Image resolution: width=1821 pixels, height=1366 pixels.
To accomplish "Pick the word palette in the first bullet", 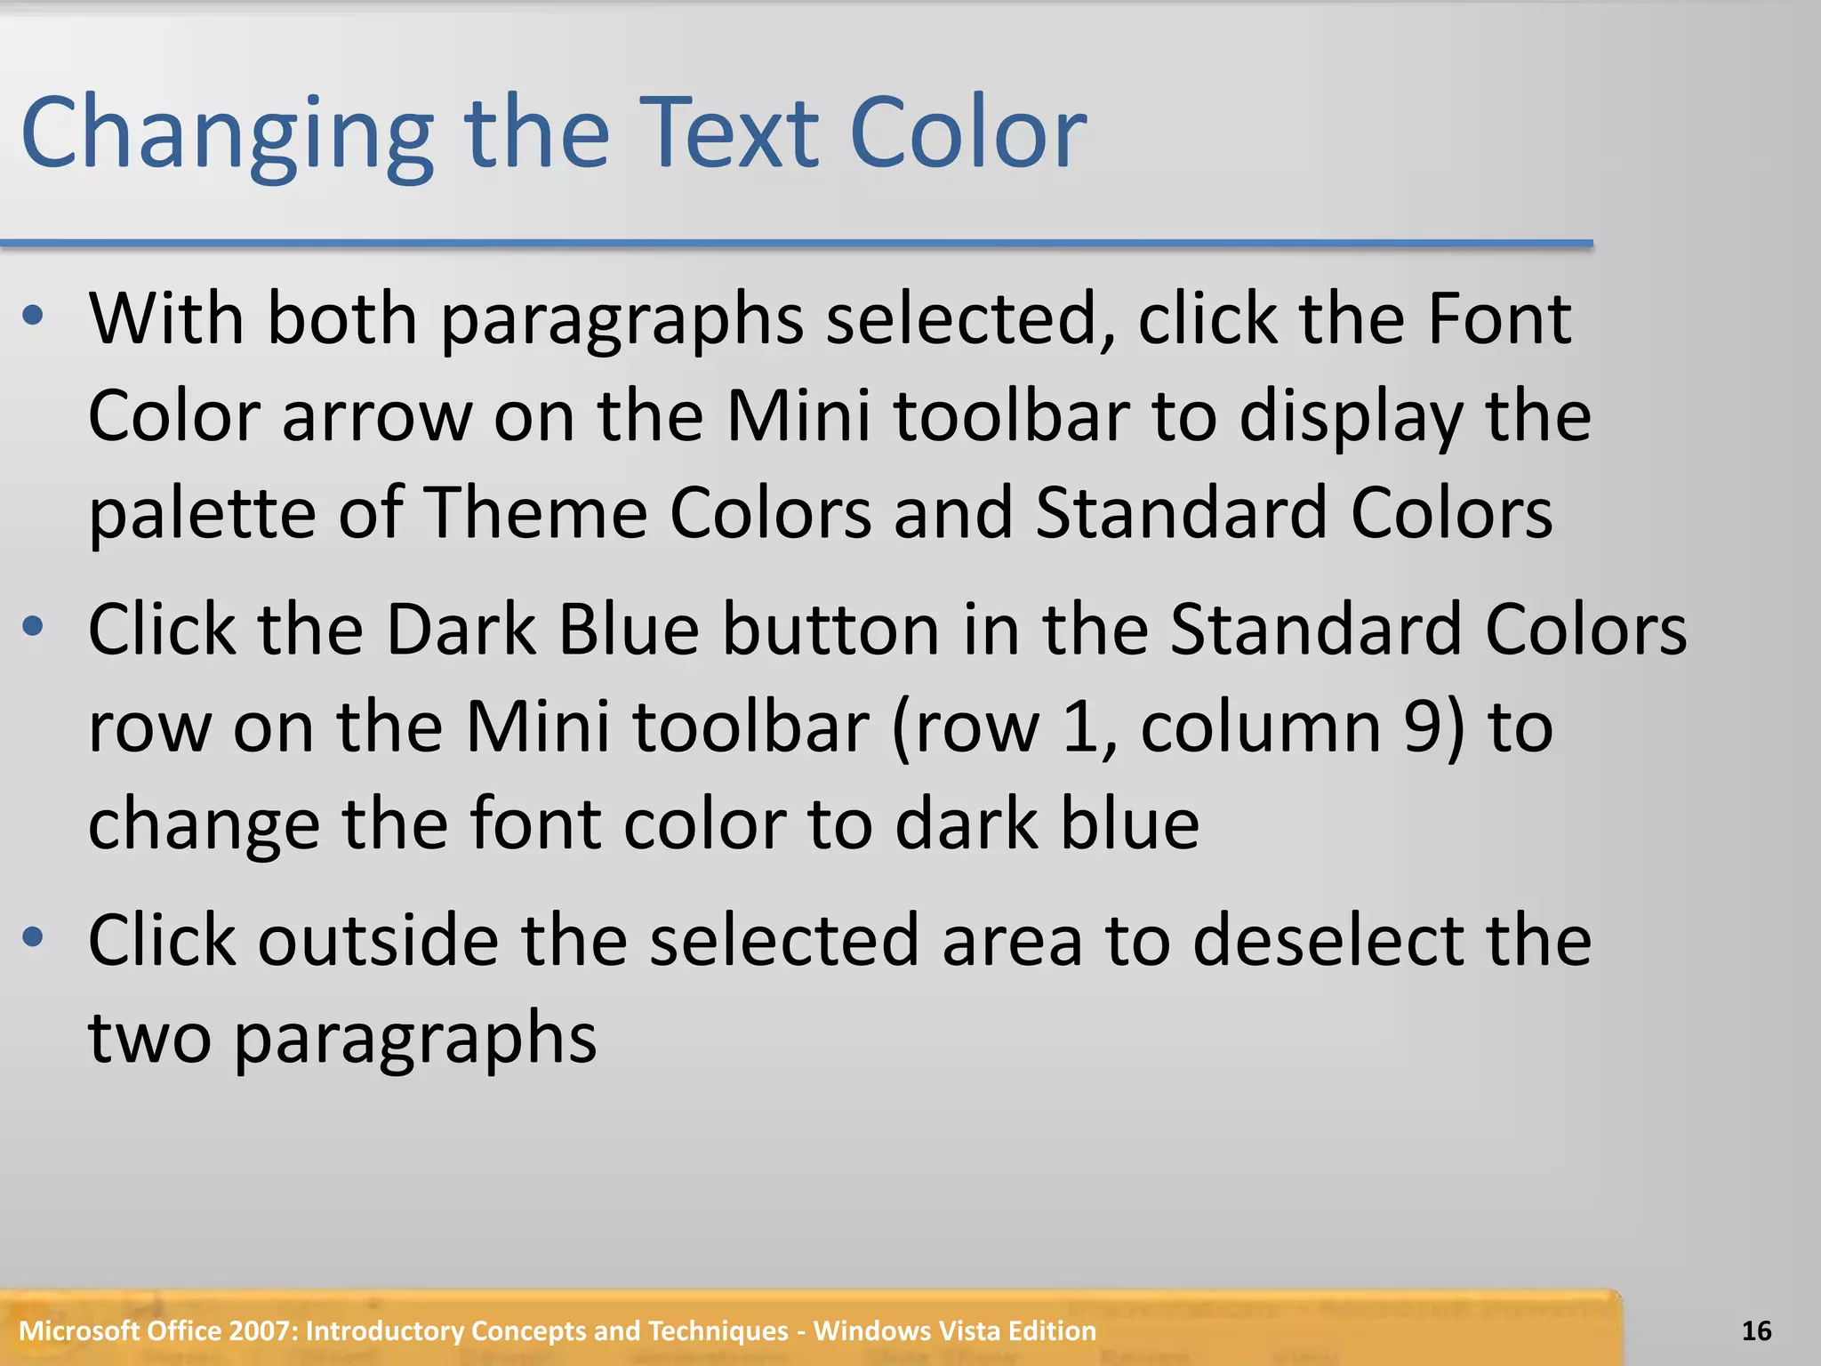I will pos(202,514).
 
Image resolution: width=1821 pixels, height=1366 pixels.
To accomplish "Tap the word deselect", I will pos(1327,941).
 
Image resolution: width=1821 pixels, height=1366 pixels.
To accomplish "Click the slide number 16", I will pos(1756,1330).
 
